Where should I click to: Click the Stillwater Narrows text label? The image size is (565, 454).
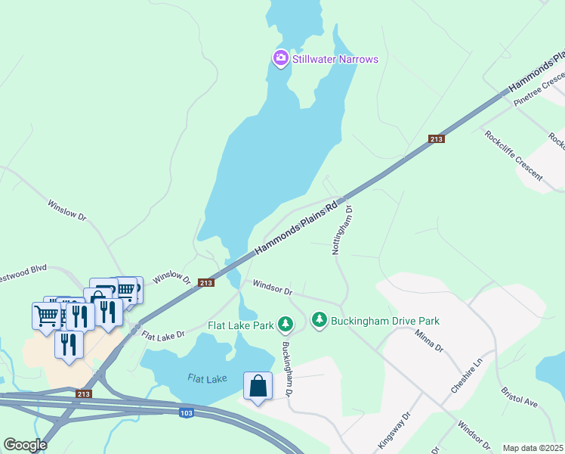point(335,59)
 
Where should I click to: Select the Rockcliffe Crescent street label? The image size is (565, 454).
point(514,155)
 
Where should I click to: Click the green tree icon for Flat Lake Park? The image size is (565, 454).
point(286,324)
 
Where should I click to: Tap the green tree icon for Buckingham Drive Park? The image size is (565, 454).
point(320,321)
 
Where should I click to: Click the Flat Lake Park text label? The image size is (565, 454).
point(240,326)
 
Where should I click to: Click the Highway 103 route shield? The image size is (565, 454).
point(187,412)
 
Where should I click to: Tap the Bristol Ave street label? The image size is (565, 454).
point(519,398)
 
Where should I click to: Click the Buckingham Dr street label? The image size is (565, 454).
point(288,369)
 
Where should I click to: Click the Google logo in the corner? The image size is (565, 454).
point(25,444)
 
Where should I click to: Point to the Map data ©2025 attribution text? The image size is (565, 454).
point(533,448)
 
